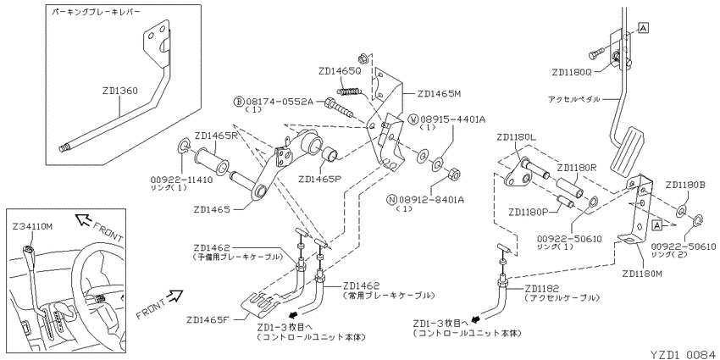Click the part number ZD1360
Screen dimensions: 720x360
[x=120, y=91]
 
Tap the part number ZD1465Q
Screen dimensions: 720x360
[x=340, y=71]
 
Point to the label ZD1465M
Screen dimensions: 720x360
[x=439, y=93]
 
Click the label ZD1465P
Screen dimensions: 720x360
[x=319, y=179]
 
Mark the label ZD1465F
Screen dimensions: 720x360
[x=208, y=319]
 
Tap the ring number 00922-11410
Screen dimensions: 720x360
[x=181, y=180]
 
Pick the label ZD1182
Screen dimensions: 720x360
[x=542, y=289]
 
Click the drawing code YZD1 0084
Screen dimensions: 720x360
[x=684, y=355]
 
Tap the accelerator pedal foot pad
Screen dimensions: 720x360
[x=627, y=149]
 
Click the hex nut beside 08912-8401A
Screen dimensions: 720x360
[x=454, y=174]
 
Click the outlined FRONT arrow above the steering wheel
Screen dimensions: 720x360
[x=84, y=220]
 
